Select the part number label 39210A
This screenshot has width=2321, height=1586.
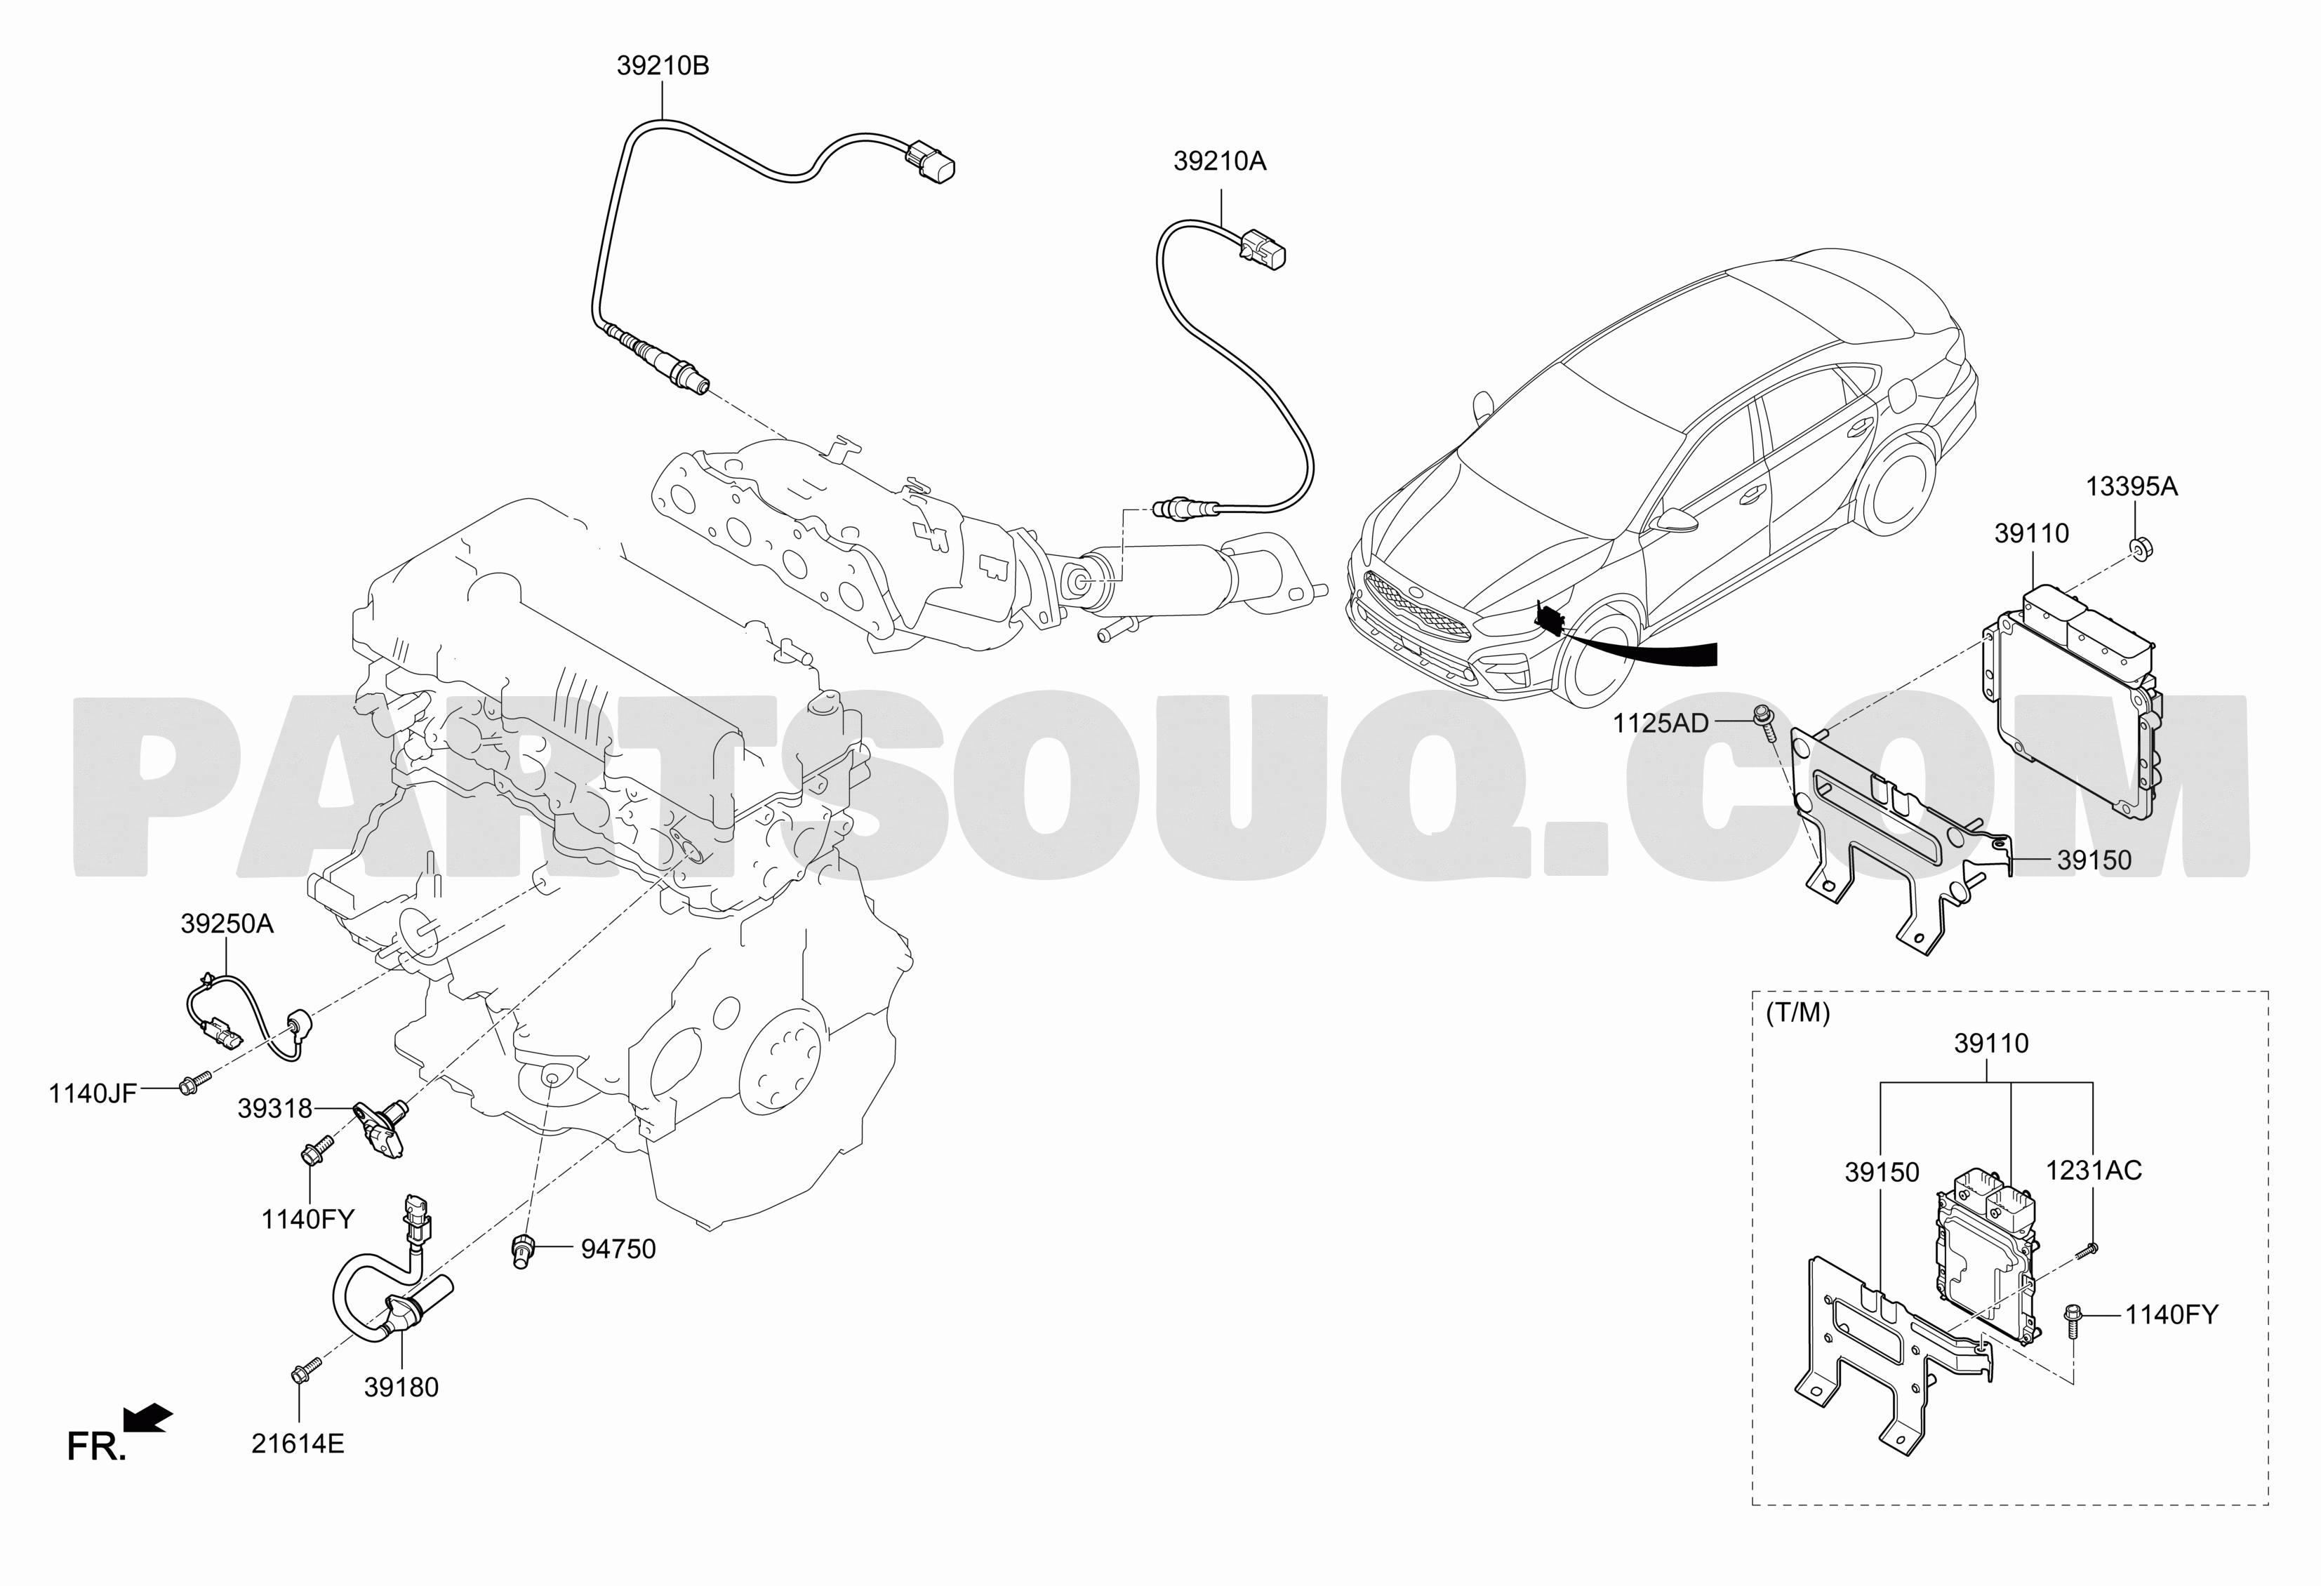(x=1219, y=161)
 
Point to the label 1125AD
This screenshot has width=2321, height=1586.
(x=1661, y=722)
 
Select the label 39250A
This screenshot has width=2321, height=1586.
(x=227, y=924)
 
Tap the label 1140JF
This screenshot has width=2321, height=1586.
(x=92, y=1093)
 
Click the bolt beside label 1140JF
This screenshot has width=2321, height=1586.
(x=194, y=1083)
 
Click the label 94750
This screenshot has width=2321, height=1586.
(x=618, y=1248)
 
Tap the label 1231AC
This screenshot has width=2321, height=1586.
(x=2094, y=1170)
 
